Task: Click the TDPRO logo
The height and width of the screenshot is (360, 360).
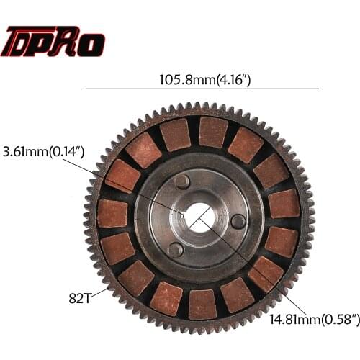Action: (54, 42)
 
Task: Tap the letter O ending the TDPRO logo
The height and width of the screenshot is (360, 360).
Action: (91, 43)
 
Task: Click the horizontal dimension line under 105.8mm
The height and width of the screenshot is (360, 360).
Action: (202, 89)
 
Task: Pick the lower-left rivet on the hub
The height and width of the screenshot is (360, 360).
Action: (174, 249)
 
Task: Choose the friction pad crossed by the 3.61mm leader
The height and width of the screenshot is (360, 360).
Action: (123, 175)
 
